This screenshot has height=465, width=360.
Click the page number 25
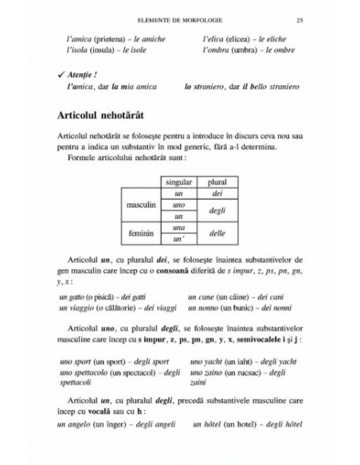pyautogui.click(x=298, y=21)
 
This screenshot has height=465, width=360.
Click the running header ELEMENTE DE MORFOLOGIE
pyautogui.click(x=178, y=21)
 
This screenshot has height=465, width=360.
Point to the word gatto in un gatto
pyautogui.click(x=77, y=296)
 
